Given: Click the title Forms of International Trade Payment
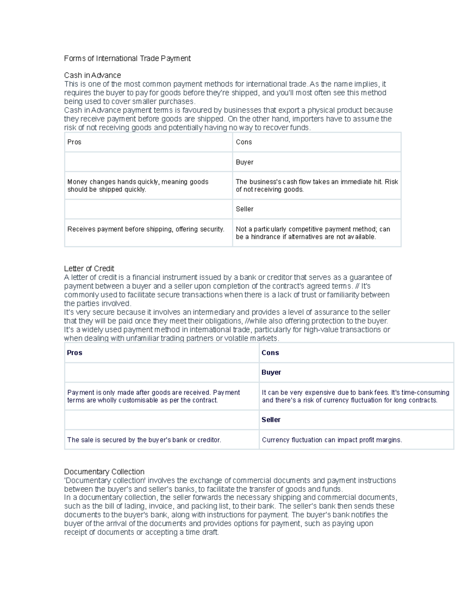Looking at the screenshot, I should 127,59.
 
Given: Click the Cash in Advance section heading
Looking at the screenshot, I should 92,75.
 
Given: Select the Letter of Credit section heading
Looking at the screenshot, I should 89,268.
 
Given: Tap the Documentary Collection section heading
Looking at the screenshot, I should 104,472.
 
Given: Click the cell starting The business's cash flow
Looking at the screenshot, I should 316,186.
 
